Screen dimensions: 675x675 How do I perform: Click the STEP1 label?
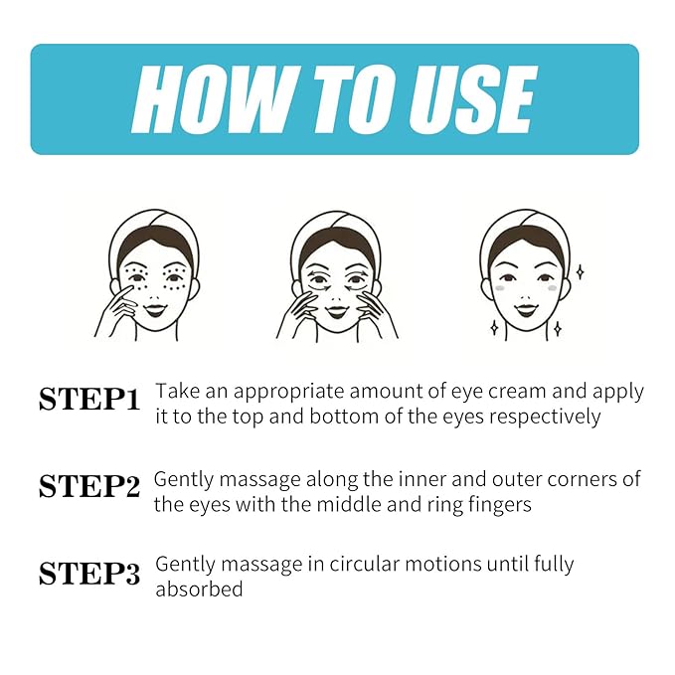[x=89, y=400]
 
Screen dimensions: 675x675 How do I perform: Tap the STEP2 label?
[x=89, y=486]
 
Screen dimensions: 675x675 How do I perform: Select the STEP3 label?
[x=89, y=574]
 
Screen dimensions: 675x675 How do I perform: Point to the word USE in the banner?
[x=471, y=99]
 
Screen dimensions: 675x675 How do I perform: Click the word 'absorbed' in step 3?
[x=199, y=589]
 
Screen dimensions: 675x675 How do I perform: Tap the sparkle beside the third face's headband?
[x=580, y=272]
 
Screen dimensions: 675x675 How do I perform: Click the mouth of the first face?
[x=155, y=308]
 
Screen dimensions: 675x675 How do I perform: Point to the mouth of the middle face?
[x=337, y=310]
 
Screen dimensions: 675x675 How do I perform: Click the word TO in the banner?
[x=352, y=99]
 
